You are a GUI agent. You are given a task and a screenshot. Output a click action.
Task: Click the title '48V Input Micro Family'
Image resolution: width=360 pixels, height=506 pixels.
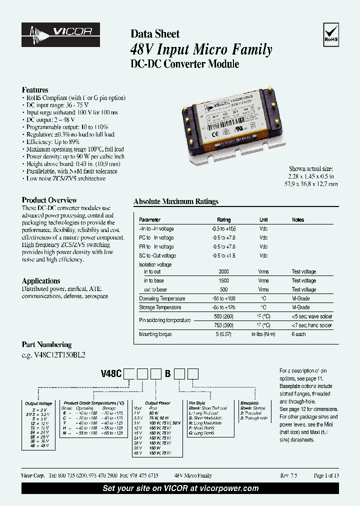pyautogui.click(x=201, y=49)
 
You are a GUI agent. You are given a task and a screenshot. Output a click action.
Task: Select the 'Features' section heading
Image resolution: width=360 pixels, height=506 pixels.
pyautogui.click(x=35, y=90)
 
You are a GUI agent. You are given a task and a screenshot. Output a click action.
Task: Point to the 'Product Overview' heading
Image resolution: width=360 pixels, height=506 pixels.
pyautogui.click(x=49, y=200)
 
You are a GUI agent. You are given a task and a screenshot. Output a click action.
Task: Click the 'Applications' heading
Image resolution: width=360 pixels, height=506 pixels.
pyautogui.click(x=41, y=281)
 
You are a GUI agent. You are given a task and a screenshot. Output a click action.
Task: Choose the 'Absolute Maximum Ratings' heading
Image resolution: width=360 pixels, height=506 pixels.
pyautogui.click(x=176, y=201)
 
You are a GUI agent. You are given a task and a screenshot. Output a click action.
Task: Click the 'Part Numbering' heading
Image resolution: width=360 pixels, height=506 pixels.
pyautogui.click(x=46, y=344)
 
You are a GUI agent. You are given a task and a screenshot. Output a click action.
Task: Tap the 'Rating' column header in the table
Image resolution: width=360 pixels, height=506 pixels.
pyautogui.click(x=223, y=220)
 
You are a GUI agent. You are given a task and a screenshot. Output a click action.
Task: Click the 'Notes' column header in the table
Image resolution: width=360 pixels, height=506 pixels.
pyautogui.click(x=297, y=220)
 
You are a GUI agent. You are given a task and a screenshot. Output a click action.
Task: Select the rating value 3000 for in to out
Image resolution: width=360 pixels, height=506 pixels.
pyautogui.click(x=223, y=271)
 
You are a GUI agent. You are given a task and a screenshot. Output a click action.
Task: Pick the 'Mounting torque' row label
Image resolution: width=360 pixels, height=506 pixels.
pyautogui.click(x=155, y=334)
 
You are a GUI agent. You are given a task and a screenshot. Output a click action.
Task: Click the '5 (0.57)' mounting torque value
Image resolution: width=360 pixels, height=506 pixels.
pyautogui.click(x=223, y=334)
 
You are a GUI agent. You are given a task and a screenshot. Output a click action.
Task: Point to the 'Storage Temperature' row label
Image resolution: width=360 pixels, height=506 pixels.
pyautogui.click(x=159, y=307)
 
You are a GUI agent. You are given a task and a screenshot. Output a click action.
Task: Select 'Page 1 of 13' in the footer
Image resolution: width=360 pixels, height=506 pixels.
pyautogui.click(x=326, y=475)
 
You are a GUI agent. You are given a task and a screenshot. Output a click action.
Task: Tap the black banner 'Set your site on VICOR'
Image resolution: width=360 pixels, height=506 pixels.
pyautogui.click(x=180, y=488)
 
